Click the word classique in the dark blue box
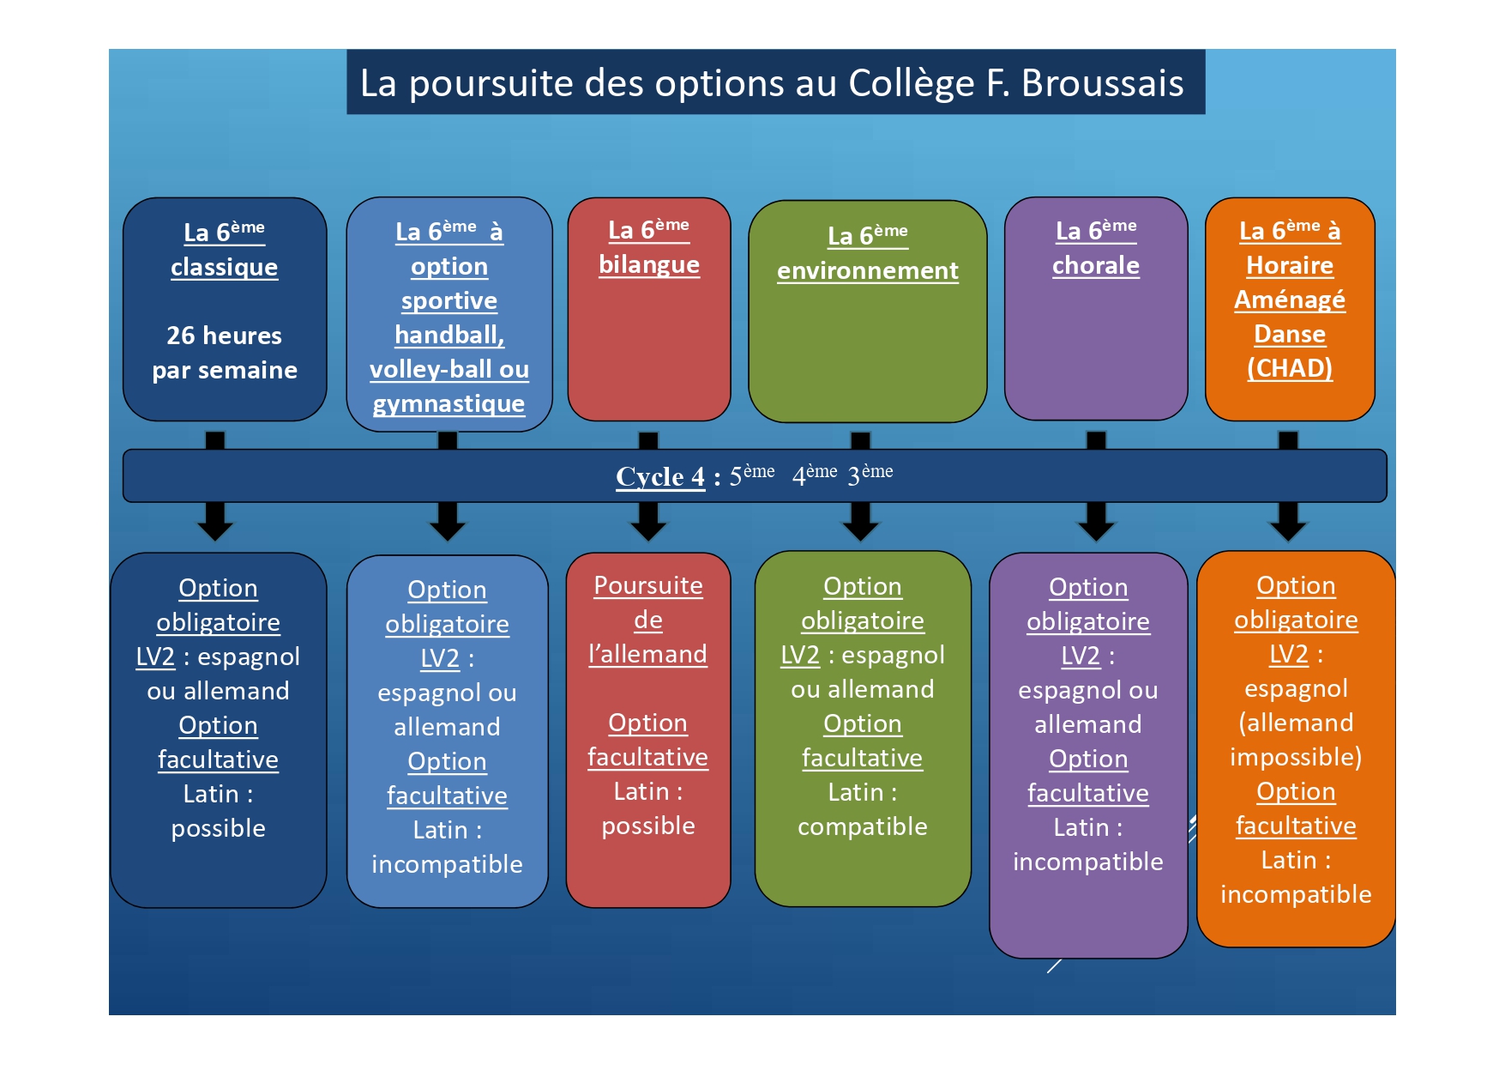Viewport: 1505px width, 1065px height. (x=224, y=268)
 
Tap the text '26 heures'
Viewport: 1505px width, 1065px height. (x=224, y=336)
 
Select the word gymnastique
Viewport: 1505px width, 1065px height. (x=448, y=403)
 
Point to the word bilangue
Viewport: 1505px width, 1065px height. (x=649, y=265)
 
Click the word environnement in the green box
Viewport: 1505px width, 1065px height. (x=867, y=271)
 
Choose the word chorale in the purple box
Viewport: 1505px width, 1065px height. (x=1095, y=266)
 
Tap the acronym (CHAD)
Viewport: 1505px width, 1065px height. (x=1289, y=368)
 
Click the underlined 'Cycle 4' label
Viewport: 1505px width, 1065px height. (x=659, y=476)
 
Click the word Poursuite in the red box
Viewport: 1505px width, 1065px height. (x=648, y=586)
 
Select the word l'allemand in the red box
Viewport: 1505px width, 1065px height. (x=647, y=655)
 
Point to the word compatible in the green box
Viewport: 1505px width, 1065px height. (x=862, y=826)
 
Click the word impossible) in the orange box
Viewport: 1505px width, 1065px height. (x=1295, y=757)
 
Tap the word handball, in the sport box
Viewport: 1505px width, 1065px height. (x=449, y=335)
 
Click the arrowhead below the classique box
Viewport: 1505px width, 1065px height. (x=215, y=523)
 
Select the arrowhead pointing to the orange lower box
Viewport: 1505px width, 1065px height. (x=1288, y=523)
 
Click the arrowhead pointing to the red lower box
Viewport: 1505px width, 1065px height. (x=648, y=523)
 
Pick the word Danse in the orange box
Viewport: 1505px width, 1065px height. (x=1289, y=334)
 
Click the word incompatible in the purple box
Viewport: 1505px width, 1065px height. (x=1087, y=862)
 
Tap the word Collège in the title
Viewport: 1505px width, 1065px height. (x=911, y=84)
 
